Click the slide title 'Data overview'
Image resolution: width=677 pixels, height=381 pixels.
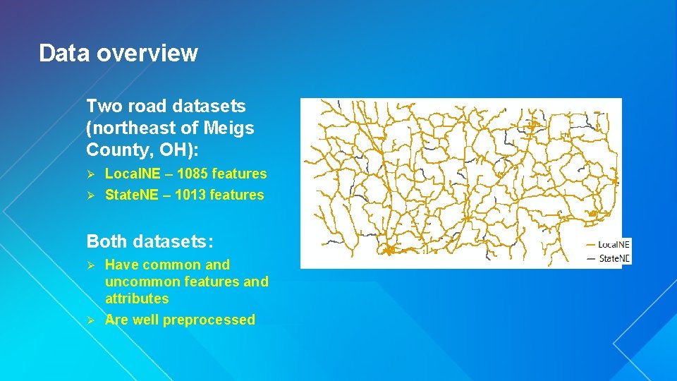pos(118,53)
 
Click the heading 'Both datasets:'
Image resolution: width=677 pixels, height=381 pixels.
pos(150,241)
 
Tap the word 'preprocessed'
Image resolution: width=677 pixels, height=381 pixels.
pos(209,320)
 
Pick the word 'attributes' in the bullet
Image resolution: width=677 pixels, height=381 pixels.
pos(137,298)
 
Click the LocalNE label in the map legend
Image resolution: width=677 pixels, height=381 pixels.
pos(614,244)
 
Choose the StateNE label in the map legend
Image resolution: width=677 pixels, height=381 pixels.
pos(614,258)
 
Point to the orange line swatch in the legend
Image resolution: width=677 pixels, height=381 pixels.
pos(591,245)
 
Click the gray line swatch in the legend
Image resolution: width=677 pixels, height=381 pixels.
pos(591,259)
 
